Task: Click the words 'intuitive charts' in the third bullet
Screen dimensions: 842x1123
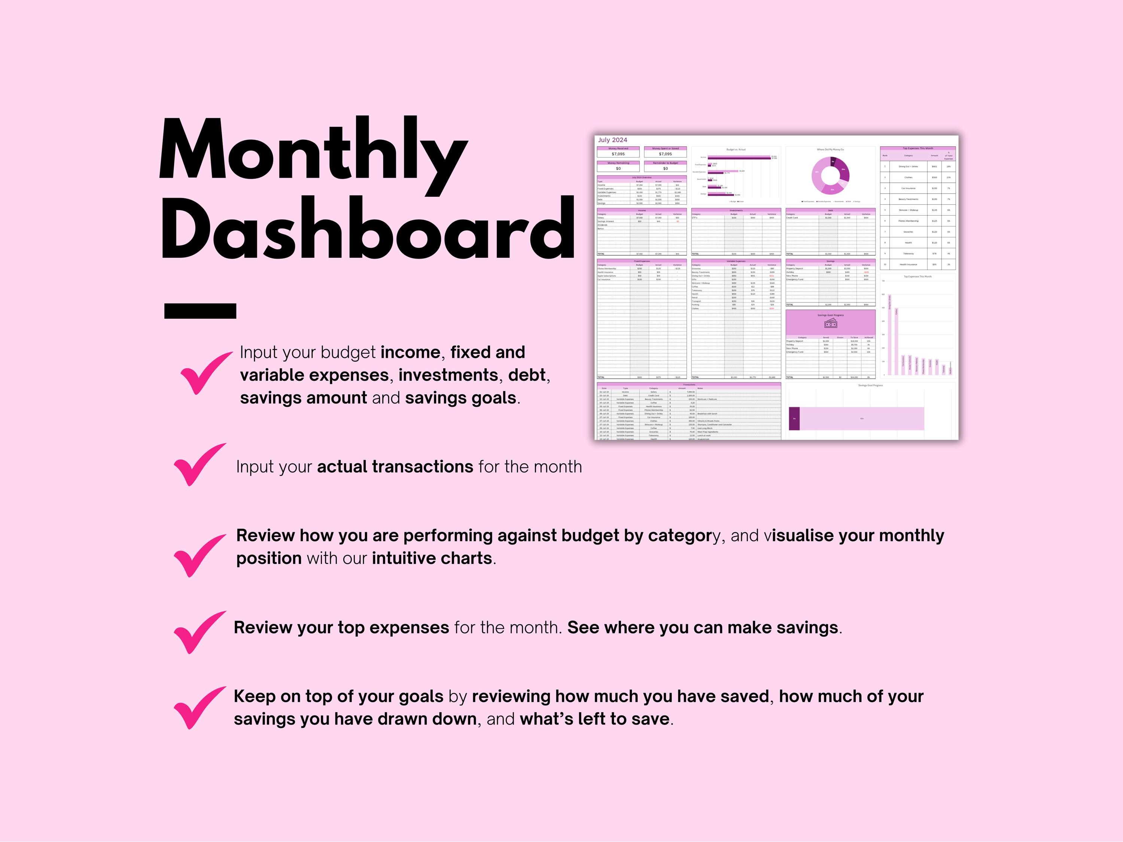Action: point(432,558)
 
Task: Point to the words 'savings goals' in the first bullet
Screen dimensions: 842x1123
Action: point(460,398)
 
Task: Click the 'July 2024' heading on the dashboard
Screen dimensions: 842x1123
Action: point(612,140)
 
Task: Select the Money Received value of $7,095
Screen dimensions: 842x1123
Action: point(618,154)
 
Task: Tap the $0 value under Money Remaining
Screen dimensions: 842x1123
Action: point(618,168)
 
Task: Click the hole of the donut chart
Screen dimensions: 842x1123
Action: point(830,176)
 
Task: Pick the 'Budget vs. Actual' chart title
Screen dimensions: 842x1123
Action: point(736,150)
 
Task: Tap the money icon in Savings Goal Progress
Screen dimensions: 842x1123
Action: point(831,323)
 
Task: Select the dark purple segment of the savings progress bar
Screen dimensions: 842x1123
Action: point(794,419)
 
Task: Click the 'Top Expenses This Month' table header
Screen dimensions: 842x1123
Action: point(917,149)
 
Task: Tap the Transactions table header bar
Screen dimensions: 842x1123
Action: point(688,385)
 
